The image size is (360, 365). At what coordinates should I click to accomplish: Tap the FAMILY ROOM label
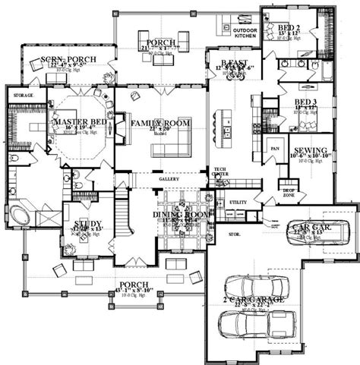click(x=160, y=122)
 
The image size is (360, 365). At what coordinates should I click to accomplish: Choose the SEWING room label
click(x=308, y=150)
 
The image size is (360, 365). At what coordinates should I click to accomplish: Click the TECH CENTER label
click(x=220, y=173)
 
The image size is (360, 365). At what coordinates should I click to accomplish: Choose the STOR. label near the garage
click(x=234, y=235)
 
